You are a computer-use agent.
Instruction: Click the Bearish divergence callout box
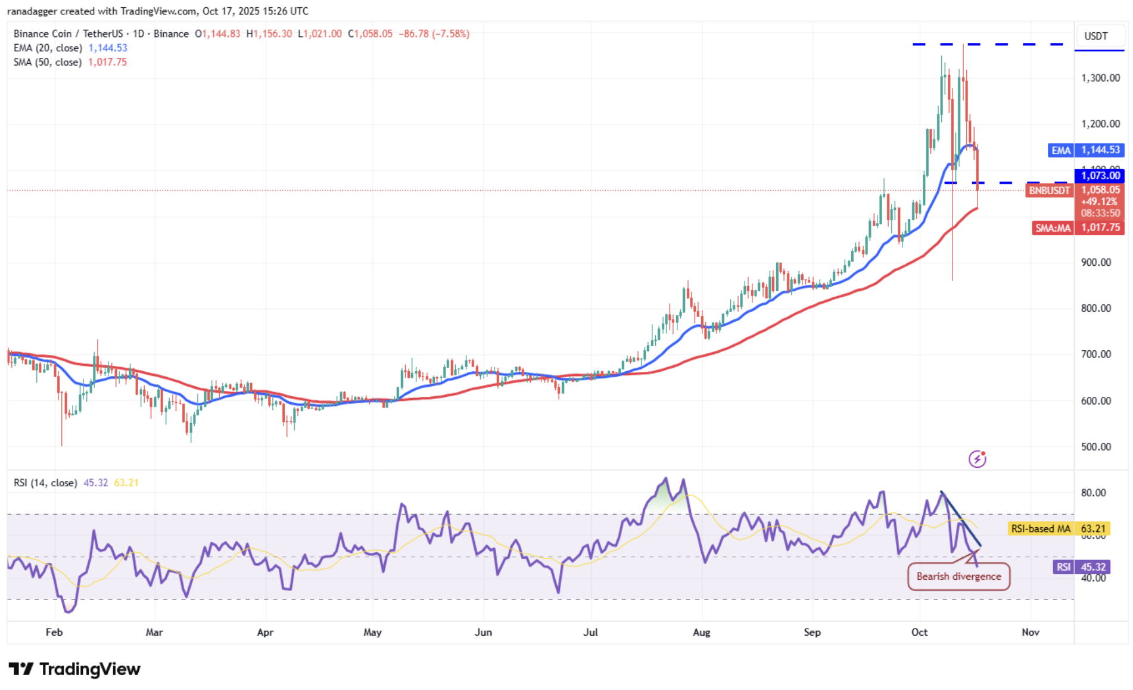[x=958, y=576]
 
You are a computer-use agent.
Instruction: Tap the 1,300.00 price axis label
[x=1100, y=78]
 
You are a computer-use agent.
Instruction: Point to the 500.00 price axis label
[x=1095, y=447]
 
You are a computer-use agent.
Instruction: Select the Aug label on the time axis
[x=702, y=632]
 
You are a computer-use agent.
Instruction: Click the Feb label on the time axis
[x=54, y=632]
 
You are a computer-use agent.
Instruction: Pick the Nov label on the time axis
[x=1030, y=632]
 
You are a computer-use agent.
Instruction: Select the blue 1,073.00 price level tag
[x=1100, y=176]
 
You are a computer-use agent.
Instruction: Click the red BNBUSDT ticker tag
[x=1050, y=191]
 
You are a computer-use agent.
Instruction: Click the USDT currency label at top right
[x=1095, y=36]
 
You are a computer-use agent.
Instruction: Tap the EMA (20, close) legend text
[x=48, y=48]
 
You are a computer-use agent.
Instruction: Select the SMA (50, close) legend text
[x=48, y=63]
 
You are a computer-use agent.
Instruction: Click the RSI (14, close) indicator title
[x=45, y=483]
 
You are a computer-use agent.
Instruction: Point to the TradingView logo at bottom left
[x=74, y=669]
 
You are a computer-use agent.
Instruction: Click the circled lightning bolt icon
[x=977, y=459]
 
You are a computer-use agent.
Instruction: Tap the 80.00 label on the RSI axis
[x=1093, y=493]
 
